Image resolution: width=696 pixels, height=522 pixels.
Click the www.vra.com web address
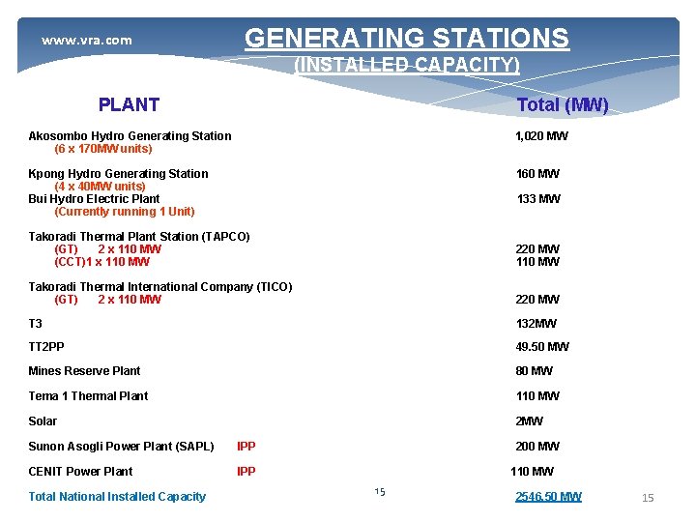pos(86,41)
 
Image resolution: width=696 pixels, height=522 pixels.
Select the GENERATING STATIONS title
pos(406,39)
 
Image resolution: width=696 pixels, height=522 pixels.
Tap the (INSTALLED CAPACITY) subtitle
pos(406,66)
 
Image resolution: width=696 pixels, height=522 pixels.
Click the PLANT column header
pos(129,105)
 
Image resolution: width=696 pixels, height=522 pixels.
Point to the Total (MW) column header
pos(562,105)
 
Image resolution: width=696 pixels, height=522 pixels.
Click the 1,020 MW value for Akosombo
pos(541,136)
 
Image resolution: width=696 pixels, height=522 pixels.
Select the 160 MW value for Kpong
pos(537,174)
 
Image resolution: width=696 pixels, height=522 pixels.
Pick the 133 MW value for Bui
pos(537,199)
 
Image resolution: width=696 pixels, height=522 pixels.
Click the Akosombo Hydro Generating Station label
pos(130,136)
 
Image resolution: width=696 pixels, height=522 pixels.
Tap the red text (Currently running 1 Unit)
pos(125,212)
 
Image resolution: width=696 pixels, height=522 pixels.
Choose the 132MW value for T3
pos(536,324)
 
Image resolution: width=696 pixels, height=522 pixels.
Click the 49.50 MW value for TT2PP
pos(542,347)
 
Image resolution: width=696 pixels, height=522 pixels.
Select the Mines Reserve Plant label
pos(84,371)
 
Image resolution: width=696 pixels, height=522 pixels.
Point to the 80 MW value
pos(535,371)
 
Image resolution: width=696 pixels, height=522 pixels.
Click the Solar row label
pos(43,421)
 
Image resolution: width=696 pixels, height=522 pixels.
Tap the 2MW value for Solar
pos(529,421)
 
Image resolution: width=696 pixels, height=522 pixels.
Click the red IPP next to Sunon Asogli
pos(246,447)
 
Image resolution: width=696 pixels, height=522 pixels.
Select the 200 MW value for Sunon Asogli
pos(537,447)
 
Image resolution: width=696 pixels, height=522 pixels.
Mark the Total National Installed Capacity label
pos(117,497)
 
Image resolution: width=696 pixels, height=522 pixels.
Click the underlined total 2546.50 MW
pos(548,497)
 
